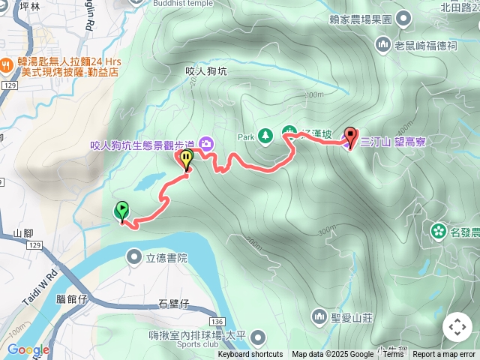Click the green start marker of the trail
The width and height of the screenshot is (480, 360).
pyautogui.click(x=121, y=211)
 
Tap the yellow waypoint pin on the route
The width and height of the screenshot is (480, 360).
pyautogui.click(x=186, y=158)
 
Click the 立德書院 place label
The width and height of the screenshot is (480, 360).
pyautogui.click(x=166, y=258)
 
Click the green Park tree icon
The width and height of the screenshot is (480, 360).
pyautogui.click(x=265, y=136)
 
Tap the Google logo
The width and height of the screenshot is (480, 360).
pyautogui.click(x=28, y=349)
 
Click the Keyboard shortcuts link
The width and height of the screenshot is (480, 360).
pyautogui.click(x=250, y=355)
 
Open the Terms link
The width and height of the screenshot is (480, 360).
pyautogui.click(x=393, y=355)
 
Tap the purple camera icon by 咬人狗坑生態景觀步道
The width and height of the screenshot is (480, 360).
pyautogui.click(x=205, y=143)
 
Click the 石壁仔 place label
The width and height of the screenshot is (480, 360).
pyautogui.click(x=174, y=304)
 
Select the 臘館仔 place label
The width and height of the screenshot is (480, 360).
pyautogui.click(x=73, y=298)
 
